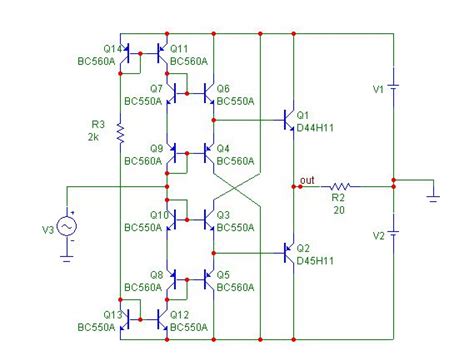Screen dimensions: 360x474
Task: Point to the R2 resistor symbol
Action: (x=340, y=185)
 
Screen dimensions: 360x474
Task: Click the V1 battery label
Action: (x=379, y=89)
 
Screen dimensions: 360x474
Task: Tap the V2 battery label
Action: (x=379, y=235)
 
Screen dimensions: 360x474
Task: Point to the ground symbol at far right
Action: (x=433, y=198)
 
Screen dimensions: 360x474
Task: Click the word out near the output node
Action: (x=310, y=180)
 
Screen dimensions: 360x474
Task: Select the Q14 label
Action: (x=113, y=48)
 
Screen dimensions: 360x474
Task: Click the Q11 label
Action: (x=179, y=48)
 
